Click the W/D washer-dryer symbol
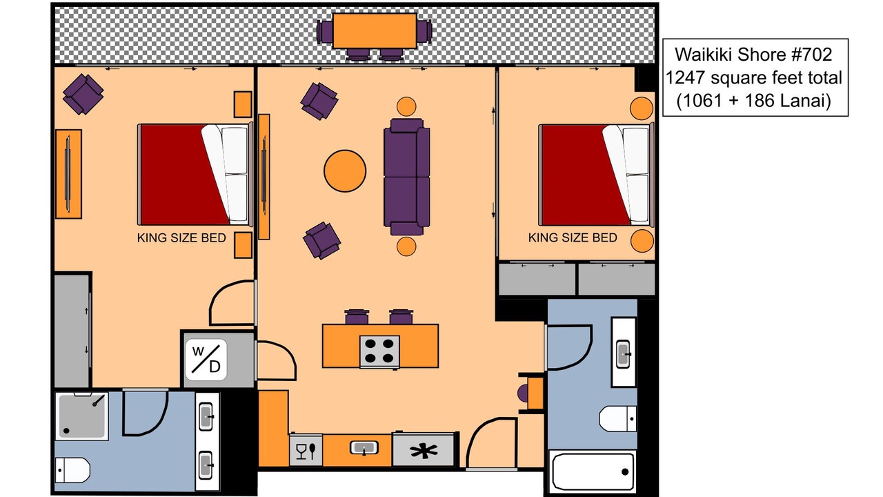point(206,360)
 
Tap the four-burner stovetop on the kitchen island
point(379,351)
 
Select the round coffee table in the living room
point(345,170)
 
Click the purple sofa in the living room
point(407,177)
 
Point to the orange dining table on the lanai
point(375,31)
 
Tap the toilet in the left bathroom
point(72,470)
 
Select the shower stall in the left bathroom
point(82,416)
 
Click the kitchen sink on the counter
point(364,448)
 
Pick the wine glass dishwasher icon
point(306,451)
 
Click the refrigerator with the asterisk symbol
point(424,450)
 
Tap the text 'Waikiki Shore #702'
point(753,55)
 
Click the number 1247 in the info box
point(686,77)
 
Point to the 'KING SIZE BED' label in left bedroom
point(181,238)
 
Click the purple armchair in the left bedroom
point(83,95)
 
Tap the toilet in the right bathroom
point(617,418)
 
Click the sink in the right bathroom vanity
point(623,354)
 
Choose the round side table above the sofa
point(406,106)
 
